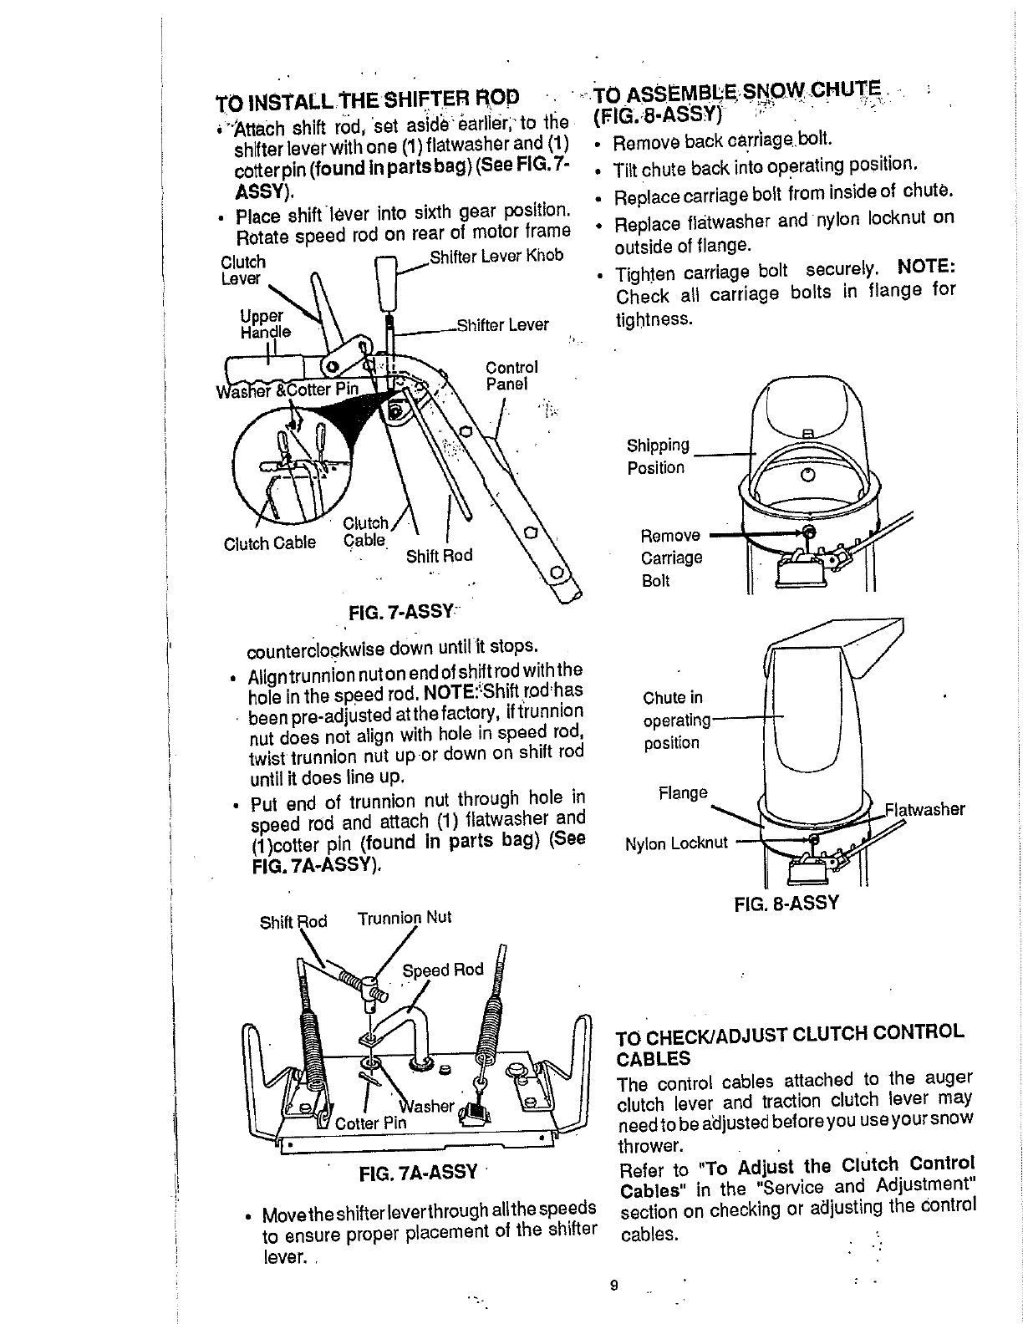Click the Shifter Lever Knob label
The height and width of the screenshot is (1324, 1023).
tap(496, 255)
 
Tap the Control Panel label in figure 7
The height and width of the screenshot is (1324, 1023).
tap(511, 376)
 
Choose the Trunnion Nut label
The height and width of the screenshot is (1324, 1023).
tap(405, 918)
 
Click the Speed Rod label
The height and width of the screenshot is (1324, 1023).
tap(443, 970)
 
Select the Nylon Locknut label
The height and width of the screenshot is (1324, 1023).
tap(677, 843)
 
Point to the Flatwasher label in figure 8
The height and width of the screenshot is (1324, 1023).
tap(925, 809)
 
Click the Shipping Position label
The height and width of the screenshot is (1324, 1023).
tap(658, 456)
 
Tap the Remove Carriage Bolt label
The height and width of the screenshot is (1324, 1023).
tap(671, 558)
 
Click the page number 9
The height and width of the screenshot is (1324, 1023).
tap(613, 1286)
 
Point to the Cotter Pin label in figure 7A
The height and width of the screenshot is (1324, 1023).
tap(370, 1123)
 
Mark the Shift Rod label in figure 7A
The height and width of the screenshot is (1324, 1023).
tap(293, 922)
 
